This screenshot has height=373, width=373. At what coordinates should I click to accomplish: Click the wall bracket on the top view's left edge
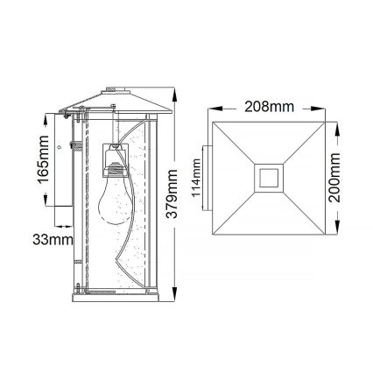point(206,179)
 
